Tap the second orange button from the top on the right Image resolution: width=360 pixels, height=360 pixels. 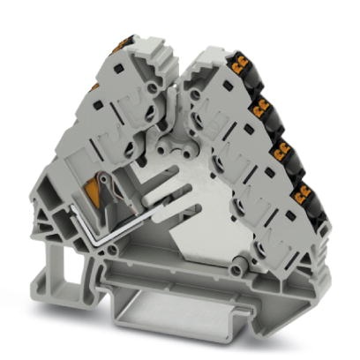[x=262, y=108]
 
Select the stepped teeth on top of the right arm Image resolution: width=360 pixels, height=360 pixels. [x=206, y=55]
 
